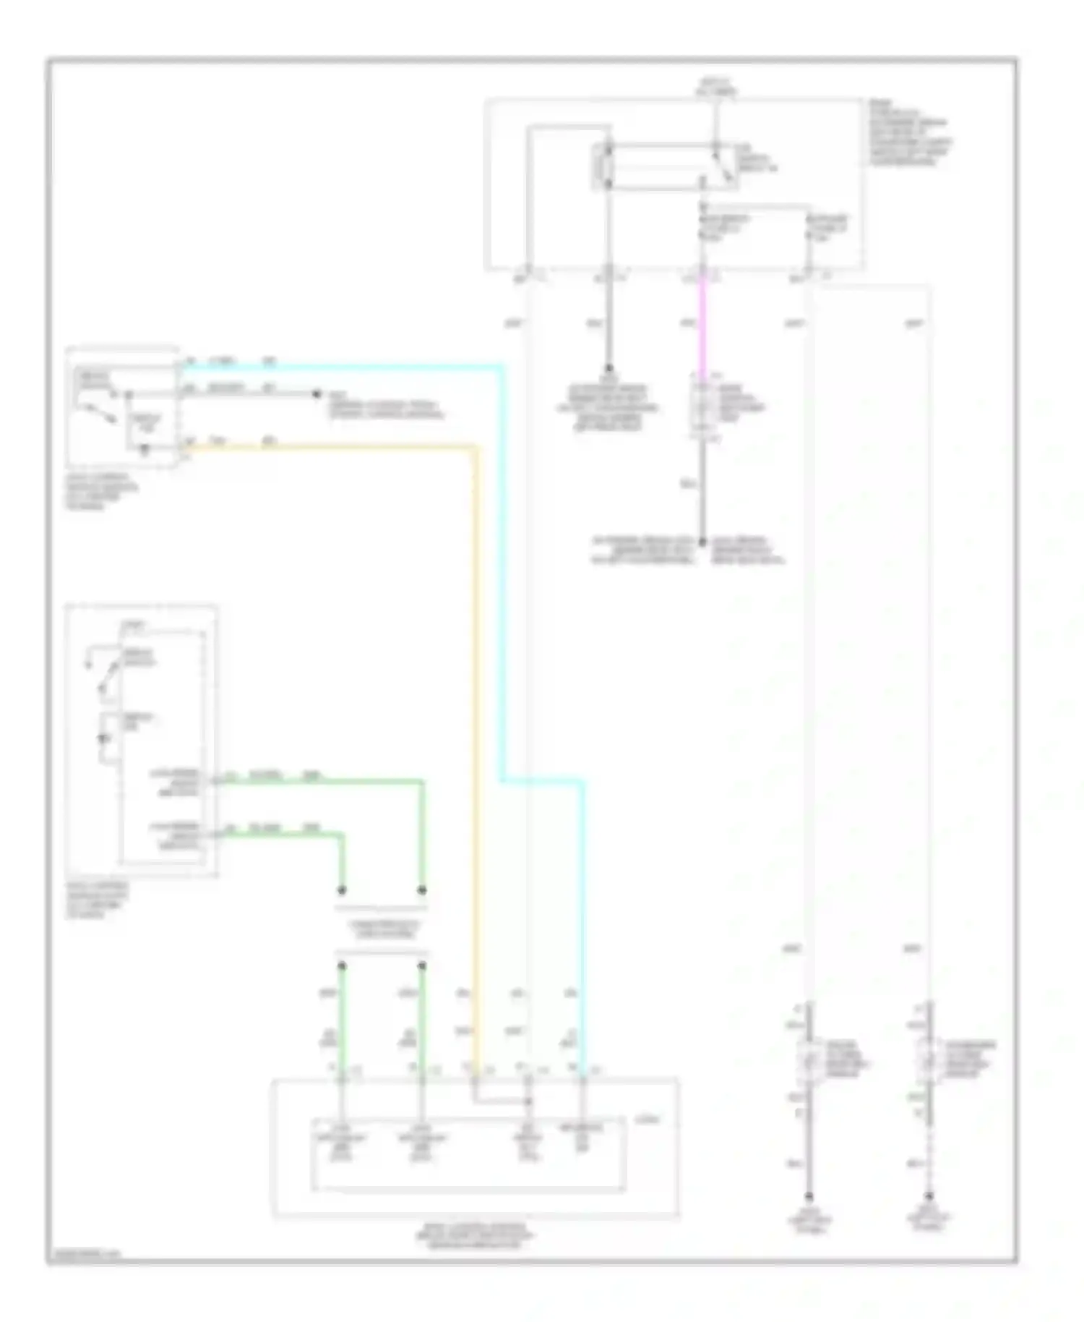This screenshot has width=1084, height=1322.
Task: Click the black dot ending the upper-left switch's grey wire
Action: [316, 394]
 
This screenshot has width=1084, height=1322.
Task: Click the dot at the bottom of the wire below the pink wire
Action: [702, 540]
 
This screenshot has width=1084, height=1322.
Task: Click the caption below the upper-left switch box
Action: [101, 492]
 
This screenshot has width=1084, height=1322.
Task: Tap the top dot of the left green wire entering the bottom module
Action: [343, 966]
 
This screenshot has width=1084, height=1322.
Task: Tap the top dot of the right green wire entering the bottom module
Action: [422, 966]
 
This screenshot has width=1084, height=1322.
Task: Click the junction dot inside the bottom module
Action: [528, 1102]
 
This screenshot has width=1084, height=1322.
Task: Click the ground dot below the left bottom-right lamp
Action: [809, 1197]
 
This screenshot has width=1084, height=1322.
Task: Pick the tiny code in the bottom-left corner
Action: [83, 1255]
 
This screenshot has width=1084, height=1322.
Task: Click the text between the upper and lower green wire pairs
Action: [382, 929]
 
